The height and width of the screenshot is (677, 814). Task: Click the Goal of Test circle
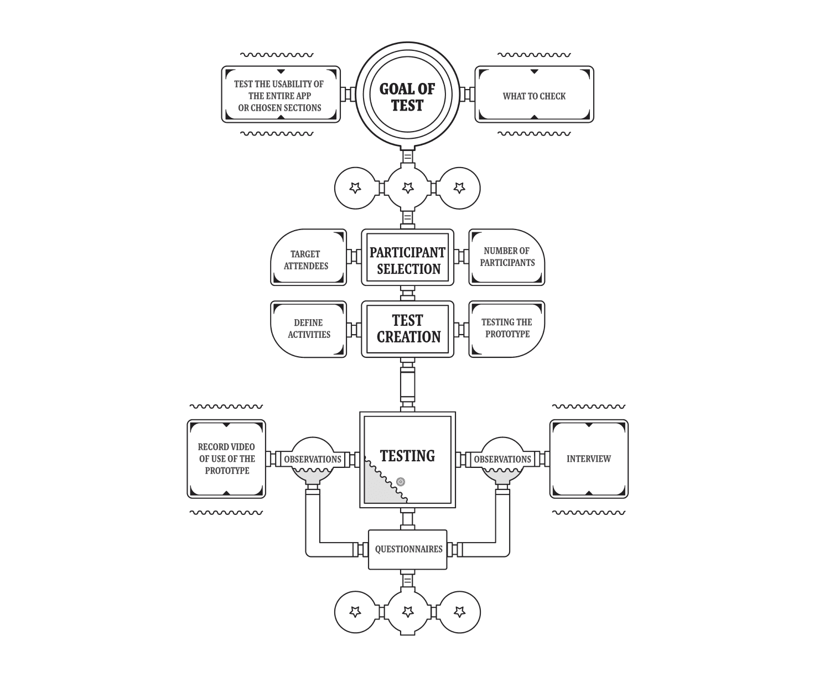(407, 95)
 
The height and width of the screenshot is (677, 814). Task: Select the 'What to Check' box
(534, 95)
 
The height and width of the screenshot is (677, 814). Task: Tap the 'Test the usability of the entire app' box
(281, 95)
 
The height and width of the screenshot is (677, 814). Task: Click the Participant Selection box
(407, 257)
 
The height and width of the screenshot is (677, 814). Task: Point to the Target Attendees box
(308, 257)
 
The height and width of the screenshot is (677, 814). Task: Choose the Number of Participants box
(506, 257)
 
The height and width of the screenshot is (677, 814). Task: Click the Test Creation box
(407, 329)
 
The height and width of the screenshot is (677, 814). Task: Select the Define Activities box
(308, 329)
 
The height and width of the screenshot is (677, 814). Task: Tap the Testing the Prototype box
(506, 329)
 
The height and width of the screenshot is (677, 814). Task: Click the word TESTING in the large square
(407, 456)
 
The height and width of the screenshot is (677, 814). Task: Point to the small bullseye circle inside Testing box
(401, 482)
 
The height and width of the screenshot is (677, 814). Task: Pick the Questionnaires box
(407, 550)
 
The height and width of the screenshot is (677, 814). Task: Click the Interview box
(589, 459)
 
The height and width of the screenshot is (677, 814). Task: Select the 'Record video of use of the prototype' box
(226, 459)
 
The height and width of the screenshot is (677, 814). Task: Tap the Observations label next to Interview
(502, 459)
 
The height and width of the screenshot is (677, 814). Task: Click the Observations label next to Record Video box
(312, 459)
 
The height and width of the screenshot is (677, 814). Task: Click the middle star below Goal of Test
(408, 188)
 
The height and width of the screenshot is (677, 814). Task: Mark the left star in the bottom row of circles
(355, 612)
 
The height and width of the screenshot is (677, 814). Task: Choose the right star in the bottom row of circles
(460, 612)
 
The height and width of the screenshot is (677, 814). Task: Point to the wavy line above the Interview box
(589, 407)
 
